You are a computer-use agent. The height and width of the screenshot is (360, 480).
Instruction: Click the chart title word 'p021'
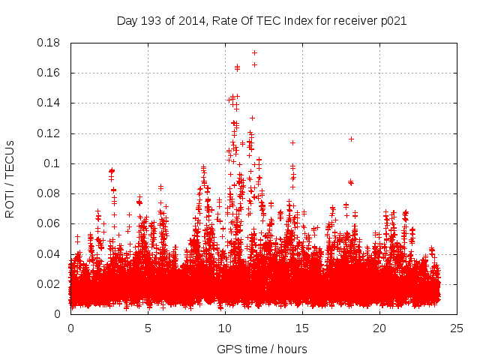pos(391,21)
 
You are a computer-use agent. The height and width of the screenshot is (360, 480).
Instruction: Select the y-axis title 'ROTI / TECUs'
pos(10,178)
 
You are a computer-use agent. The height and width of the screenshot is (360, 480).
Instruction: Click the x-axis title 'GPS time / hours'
pos(262,349)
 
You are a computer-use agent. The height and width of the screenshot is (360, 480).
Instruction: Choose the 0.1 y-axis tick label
pos(52,163)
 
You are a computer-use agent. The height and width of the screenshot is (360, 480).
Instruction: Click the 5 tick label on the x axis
pos(148,328)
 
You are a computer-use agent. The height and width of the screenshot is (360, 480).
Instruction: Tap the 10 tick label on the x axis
pos(225,328)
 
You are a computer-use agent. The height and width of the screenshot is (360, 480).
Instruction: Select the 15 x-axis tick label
pos(302,328)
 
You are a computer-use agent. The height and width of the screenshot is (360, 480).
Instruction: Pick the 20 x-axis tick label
pos(379,328)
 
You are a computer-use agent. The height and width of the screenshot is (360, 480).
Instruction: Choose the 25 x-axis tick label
pos(457,328)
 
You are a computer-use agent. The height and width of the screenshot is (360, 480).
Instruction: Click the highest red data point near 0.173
pos(254,52)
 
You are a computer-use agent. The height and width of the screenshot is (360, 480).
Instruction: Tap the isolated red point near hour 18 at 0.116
pos(351,139)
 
